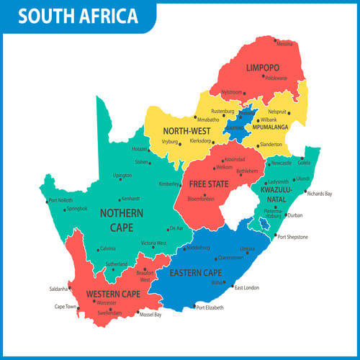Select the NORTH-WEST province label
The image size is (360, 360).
point(185,131)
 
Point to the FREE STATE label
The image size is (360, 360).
point(208,183)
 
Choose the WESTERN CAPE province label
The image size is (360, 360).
point(112,294)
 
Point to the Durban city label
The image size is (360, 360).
point(294,215)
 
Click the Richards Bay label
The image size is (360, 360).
point(319,194)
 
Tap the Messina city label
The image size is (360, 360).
point(284,44)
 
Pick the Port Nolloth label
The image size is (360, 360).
point(60,200)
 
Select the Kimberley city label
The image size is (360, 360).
point(169,184)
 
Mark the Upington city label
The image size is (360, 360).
point(122,176)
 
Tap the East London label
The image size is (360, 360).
point(246,287)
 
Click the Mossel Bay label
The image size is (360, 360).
point(150,315)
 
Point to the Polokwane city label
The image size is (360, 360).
point(276,77)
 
